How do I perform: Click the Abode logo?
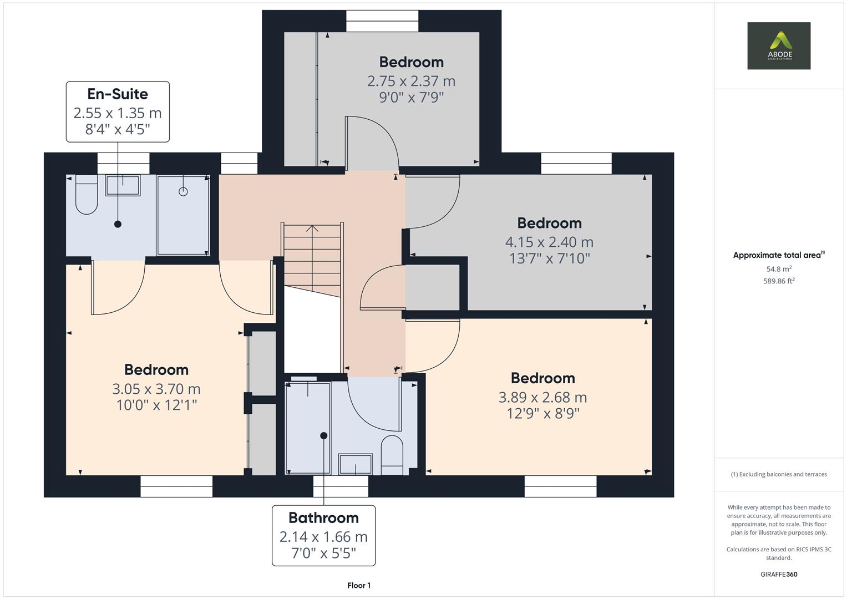point(779,45)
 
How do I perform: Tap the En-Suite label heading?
point(118,94)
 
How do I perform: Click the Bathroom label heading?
point(324,517)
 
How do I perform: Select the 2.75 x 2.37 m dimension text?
point(412,82)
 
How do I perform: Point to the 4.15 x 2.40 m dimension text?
point(550,242)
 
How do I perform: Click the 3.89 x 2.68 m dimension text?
point(543,398)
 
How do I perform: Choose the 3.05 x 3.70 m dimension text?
point(156,389)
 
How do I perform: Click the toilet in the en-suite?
point(87,194)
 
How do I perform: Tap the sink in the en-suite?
point(123,185)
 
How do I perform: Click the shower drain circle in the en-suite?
point(183,192)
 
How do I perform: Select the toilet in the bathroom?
point(392,455)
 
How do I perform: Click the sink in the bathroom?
point(356,464)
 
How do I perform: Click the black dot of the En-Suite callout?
point(118,224)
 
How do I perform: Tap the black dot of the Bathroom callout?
point(324,435)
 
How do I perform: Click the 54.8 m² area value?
point(779,269)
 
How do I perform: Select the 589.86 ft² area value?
point(779,281)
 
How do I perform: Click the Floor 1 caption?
point(359,586)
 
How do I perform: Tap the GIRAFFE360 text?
point(779,575)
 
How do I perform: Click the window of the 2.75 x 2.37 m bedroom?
point(382,21)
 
